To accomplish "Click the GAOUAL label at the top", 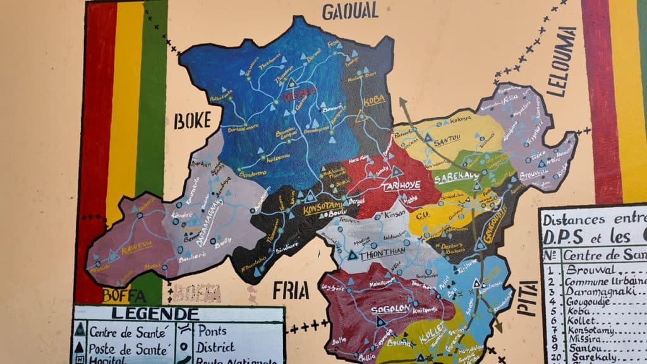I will pyautogui.click(x=350, y=10).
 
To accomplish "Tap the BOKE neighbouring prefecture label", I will pyautogui.click(x=192, y=120).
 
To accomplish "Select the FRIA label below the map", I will pyautogui.click(x=291, y=291).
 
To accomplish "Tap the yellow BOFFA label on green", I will pyautogui.click(x=124, y=295).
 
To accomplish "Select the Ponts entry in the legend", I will pyautogui.click(x=212, y=331).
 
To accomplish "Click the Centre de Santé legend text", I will pyautogui.click(x=120, y=331).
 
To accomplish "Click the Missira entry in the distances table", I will pyautogui.click(x=587, y=338).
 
